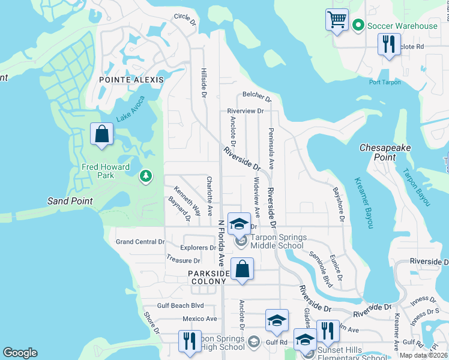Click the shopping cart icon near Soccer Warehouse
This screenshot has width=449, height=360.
pos(337,19)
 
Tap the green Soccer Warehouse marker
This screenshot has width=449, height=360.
pos(358,25)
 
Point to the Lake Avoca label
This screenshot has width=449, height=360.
pos(131,110)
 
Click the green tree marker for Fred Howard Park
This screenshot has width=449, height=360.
pos(145,176)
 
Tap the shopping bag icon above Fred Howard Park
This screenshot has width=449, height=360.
pos(101,133)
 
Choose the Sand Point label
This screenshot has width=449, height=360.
pos(70,201)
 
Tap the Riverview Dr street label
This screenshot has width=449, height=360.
pos(246,111)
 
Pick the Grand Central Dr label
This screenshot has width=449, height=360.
pos(140,242)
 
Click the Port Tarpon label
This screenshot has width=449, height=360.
pos(384,82)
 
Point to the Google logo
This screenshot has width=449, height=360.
pos(20,353)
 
